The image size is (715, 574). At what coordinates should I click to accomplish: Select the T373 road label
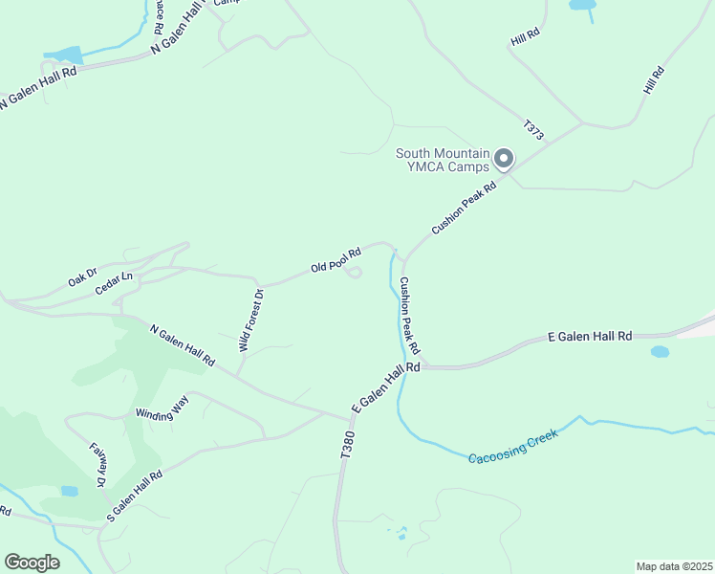point(533,131)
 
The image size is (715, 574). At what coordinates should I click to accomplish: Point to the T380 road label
point(348,446)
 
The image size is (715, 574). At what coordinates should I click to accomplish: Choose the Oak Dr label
point(82,278)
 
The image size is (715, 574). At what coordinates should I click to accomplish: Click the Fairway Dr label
point(97,465)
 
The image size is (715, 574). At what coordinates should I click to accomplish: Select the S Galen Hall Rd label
point(135,495)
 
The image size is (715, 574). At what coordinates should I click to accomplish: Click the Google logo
point(32,563)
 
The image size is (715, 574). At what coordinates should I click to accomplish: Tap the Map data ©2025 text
point(674,566)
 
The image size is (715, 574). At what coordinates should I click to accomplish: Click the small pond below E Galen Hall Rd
point(660,352)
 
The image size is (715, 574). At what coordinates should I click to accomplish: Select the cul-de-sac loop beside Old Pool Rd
point(353,276)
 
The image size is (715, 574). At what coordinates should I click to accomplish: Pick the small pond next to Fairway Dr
point(69,491)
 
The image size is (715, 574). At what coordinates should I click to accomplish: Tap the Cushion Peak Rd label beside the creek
point(410,314)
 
